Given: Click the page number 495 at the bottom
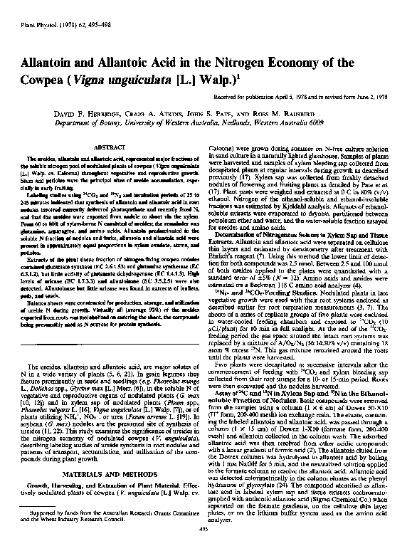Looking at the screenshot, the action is click(206, 527).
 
